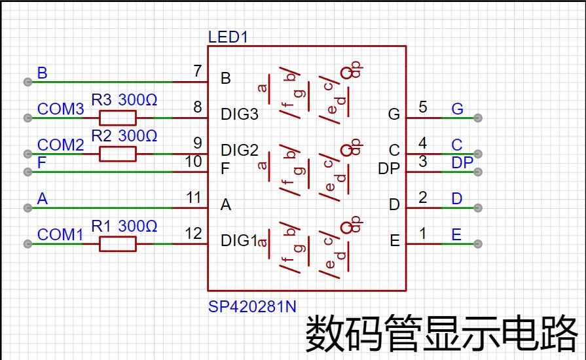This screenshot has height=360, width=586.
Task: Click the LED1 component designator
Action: (228, 37)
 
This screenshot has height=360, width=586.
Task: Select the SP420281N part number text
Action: (252, 306)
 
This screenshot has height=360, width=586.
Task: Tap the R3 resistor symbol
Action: (118, 118)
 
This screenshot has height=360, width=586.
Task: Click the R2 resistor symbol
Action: (118, 154)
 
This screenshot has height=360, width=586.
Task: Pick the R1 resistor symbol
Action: (118, 244)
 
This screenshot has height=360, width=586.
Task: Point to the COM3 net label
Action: (60, 109)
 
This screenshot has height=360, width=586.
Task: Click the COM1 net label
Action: (60, 234)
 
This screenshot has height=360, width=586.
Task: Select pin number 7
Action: (198, 71)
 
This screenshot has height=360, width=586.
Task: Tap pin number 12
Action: (194, 234)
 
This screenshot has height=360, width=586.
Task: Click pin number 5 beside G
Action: (423, 107)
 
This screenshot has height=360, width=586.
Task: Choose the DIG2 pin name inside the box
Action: (240, 150)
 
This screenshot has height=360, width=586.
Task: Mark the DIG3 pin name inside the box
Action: (240, 114)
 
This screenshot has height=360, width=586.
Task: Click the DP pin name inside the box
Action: (389, 168)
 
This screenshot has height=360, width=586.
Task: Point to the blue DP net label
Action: (462, 162)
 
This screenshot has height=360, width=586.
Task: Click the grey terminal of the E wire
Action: (477, 244)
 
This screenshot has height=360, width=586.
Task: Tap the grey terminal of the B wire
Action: (27, 82)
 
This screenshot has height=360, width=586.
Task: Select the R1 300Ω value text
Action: (137, 226)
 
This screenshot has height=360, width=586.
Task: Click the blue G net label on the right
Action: (458, 109)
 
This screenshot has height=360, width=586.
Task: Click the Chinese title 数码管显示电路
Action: (442, 333)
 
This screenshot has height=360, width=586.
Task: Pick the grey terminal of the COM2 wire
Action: (27, 154)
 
